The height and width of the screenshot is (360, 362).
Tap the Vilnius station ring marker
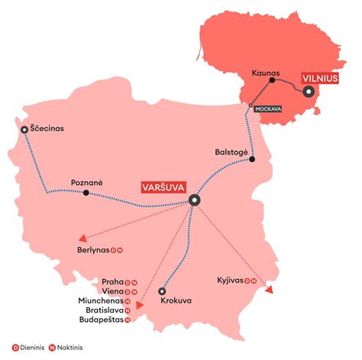pyautogui.click(x=309, y=92)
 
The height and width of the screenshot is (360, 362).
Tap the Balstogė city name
pyautogui.click(x=232, y=151)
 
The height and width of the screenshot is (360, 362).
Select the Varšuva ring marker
pyautogui.click(x=194, y=200)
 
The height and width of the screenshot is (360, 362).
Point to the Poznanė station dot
pyautogui.click(x=86, y=193)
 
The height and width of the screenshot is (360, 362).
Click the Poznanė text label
pyautogui.click(x=86, y=182)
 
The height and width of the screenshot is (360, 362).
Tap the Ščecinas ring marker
pyautogui.click(x=25, y=130)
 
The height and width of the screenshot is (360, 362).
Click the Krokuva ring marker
pyautogui.click(x=161, y=291)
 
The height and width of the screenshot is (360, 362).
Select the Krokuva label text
pyautogui.click(x=176, y=301)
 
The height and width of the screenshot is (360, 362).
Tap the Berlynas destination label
pyautogui.click(x=93, y=250)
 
